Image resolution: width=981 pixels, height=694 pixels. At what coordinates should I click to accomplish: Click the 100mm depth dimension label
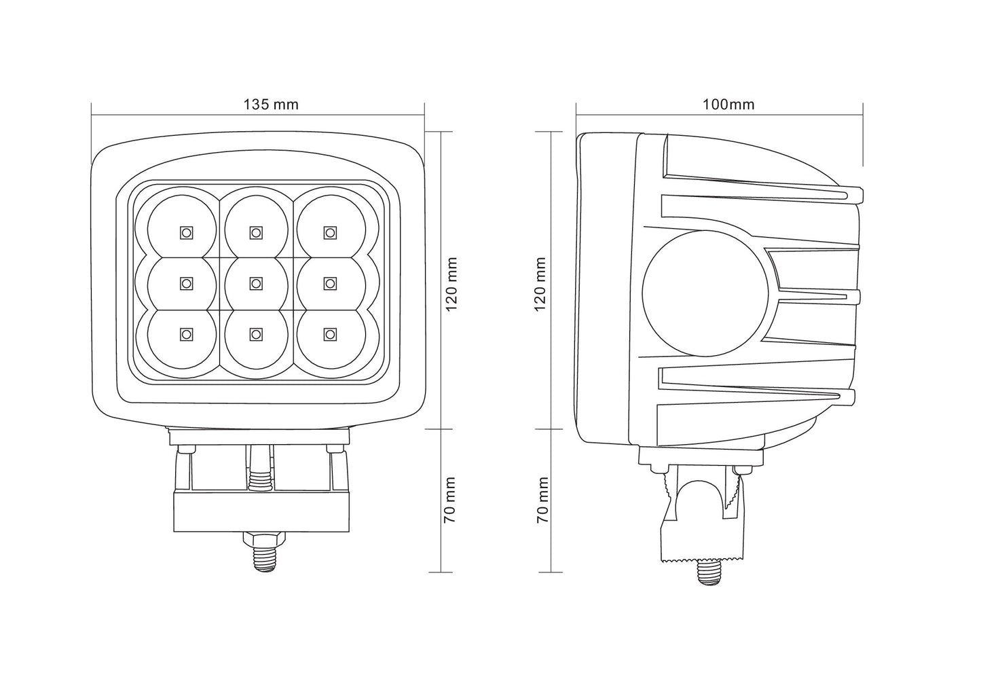(x=728, y=105)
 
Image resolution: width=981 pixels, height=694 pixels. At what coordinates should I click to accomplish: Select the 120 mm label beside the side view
(x=541, y=284)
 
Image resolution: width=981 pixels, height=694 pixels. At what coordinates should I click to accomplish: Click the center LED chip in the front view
(x=255, y=282)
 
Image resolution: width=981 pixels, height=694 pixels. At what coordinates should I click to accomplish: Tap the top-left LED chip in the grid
(x=185, y=232)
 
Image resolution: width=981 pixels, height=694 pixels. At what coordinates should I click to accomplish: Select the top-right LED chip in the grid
(x=330, y=232)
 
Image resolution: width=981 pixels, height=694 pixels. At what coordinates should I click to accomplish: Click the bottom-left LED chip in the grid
(x=185, y=333)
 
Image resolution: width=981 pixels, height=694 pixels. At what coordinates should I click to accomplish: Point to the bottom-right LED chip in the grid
(x=330, y=333)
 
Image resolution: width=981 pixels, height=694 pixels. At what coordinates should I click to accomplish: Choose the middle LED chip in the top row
(x=255, y=232)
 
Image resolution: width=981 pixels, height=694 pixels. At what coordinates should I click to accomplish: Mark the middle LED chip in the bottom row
(x=255, y=333)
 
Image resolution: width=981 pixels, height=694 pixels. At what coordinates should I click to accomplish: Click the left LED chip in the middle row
(x=185, y=282)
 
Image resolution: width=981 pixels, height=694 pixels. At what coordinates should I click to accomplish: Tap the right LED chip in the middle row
(x=330, y=282)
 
